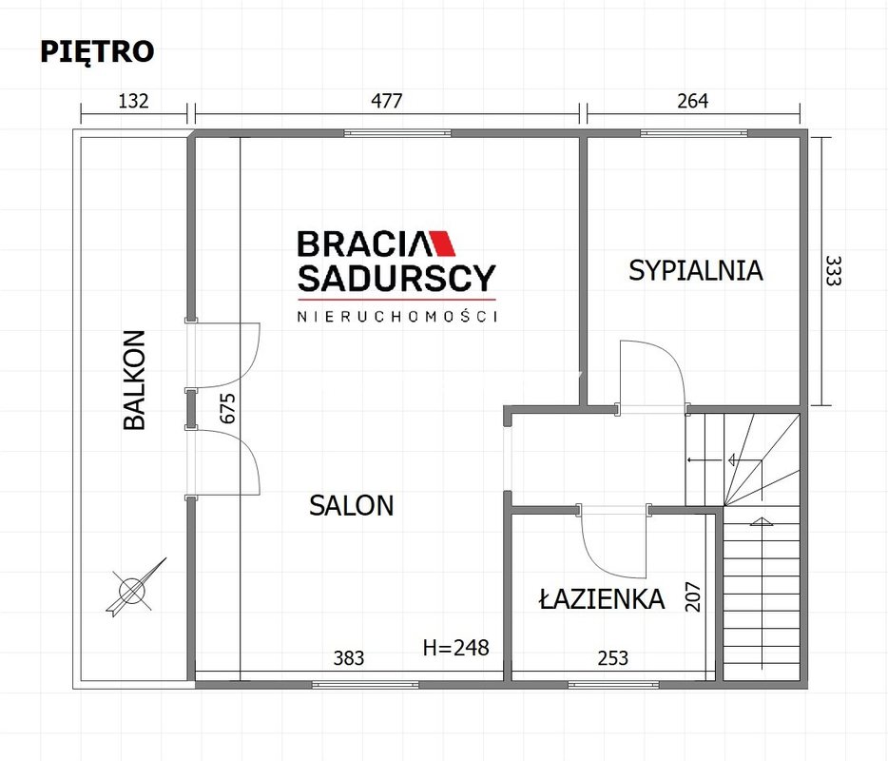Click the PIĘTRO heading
[x=97, y=52]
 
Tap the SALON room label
[x=351, y=505]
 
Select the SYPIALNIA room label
[x=695, y=270]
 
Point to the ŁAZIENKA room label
[x=602, y=598]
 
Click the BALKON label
[x=135, y=380]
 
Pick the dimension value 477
[x=386, y=101]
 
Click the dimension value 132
[x=133, y=101]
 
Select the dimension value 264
[x=692, y=101]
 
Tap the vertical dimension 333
[x=833, y=271]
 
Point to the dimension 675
[x=227, y=408]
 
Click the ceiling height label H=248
[x=456, y=647]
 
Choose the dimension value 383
[x=349, y=658]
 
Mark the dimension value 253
[x=613, y=658]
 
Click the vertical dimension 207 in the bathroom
[x=693, y=596]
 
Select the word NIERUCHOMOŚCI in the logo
[x=397, y=316]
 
